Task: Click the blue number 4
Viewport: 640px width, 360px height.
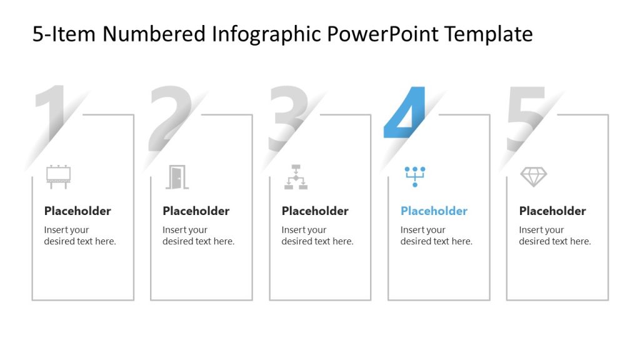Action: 406,112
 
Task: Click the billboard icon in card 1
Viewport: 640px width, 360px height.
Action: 59,177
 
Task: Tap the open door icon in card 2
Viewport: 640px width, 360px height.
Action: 177,177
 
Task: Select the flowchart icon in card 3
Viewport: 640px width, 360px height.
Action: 296,177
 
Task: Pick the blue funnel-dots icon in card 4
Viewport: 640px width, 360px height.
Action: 414,176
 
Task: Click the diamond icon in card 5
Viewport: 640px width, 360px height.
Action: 533,177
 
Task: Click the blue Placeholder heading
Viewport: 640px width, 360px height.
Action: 434,211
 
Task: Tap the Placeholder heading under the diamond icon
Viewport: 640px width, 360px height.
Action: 552,211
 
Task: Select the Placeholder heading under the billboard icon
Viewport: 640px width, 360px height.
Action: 77,211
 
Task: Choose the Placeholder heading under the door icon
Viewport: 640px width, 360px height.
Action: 196,211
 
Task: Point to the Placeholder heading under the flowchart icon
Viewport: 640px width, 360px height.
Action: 315,211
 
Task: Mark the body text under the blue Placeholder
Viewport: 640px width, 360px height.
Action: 436,236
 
